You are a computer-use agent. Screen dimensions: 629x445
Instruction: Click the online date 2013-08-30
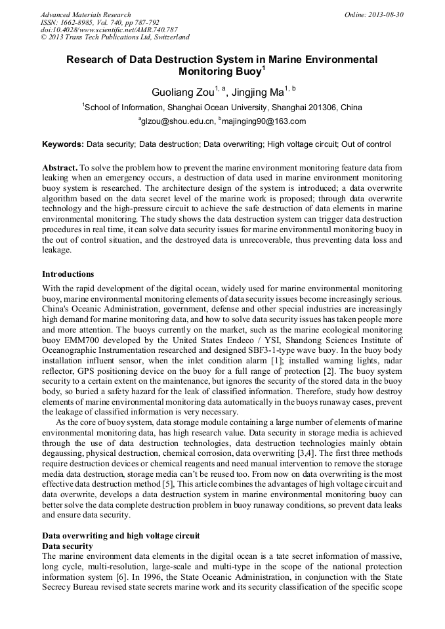[x=385, y=14]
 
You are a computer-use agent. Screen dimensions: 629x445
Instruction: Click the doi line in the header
[x=109, y=30]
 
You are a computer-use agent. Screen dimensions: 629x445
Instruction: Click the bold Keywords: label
[x=63, y=144]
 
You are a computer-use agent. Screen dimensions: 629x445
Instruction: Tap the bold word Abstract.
[x=60, y=168]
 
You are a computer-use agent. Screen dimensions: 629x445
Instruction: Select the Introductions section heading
[x=68, y=274]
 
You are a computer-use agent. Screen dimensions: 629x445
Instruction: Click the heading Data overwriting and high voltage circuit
[x=121, y=536]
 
